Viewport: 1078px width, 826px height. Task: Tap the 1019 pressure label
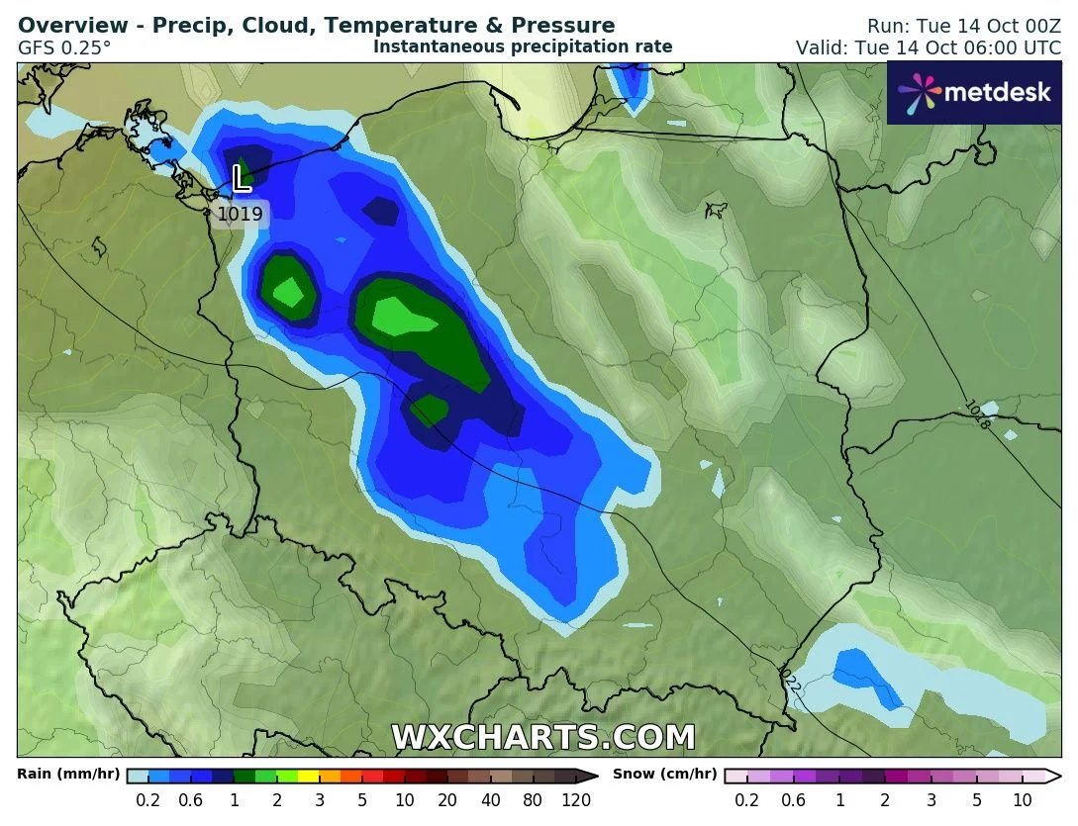pos(240,214)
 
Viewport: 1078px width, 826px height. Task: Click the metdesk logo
pos(974,92)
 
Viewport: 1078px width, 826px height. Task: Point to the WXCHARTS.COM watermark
pos(543,738)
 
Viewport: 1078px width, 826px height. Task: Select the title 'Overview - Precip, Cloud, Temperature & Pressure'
pos(317,26)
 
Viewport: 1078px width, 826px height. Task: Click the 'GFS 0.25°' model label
pos(64,46)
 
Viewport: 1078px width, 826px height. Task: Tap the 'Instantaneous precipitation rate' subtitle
pos(523,46)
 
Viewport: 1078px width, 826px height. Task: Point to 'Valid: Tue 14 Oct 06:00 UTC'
pos(929,47)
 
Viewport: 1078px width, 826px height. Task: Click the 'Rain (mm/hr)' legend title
pos(68,775)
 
